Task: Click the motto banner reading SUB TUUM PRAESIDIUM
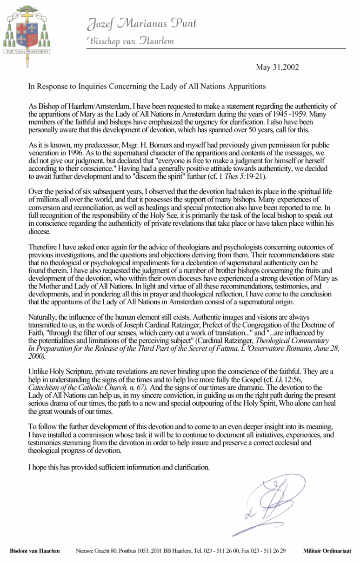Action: tap(27, 52)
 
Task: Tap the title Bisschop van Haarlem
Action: tap(131, 40)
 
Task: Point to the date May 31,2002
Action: tap(277, 67)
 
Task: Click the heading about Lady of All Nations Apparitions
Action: tap(147, 86)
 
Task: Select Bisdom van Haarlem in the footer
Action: tap(35, 551)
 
